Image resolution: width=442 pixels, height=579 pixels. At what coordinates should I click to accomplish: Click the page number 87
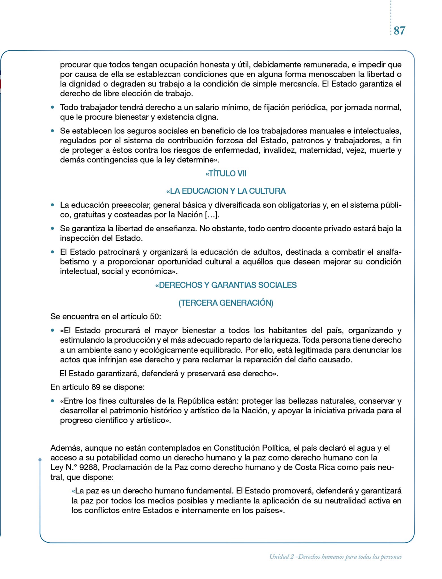tap(399, 31)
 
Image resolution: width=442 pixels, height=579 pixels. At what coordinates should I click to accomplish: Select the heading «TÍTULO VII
tap(226, 174)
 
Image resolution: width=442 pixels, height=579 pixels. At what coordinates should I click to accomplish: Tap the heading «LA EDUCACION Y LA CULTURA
tap(226, 191)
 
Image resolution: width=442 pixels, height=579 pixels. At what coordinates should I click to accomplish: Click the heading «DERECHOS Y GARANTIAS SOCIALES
tap(226, 285)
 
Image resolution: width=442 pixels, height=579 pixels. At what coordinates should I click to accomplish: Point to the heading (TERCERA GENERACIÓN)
tap(226, 303)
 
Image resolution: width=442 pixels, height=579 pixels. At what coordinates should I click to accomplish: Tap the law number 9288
tap(89, 467)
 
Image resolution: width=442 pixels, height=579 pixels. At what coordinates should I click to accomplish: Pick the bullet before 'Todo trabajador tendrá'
tap(52, 108)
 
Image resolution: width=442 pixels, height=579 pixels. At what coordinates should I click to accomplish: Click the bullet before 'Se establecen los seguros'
tap(52, 131)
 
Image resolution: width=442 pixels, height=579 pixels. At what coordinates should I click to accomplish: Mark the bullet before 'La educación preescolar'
tap(52, 205)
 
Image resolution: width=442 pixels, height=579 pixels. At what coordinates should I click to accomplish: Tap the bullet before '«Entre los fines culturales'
tap(52, 401)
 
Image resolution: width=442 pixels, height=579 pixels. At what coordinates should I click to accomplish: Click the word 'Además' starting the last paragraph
tap(66, 448)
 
